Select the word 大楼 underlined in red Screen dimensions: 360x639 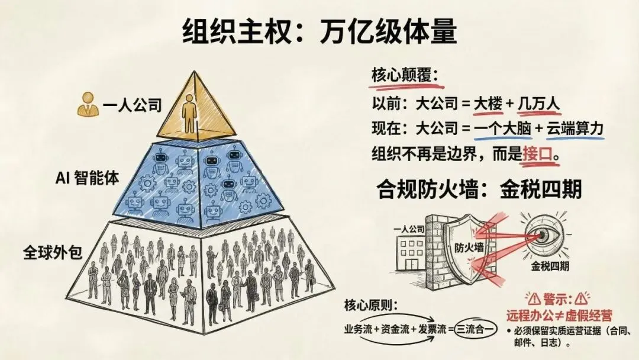pyautogui.click(x=487, y=104)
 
